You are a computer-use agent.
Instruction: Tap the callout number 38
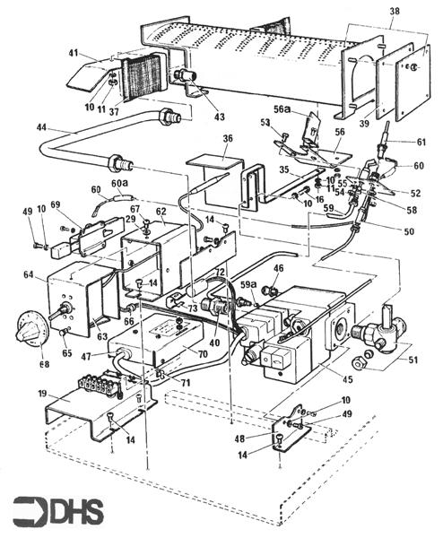click(x=395, y=12)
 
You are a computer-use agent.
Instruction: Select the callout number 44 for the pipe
click(x=41, y=128)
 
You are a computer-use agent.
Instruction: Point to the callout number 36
click(x=228, y=138)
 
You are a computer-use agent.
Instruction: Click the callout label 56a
click(x=282, y=109)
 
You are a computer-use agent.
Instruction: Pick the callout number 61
click(x=421, y=142)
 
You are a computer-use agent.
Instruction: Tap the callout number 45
click(x=347, y=380)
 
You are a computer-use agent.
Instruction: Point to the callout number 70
click(x=202, y=354)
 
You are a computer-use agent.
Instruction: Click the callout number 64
click(x=30, y=275)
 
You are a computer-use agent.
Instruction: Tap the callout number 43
click(x=220, y=117)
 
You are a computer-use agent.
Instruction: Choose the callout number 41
click(x=74, y=54)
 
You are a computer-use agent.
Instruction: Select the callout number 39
click(x=364, y=123)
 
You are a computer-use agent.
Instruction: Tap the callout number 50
click(x=409, y=231)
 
